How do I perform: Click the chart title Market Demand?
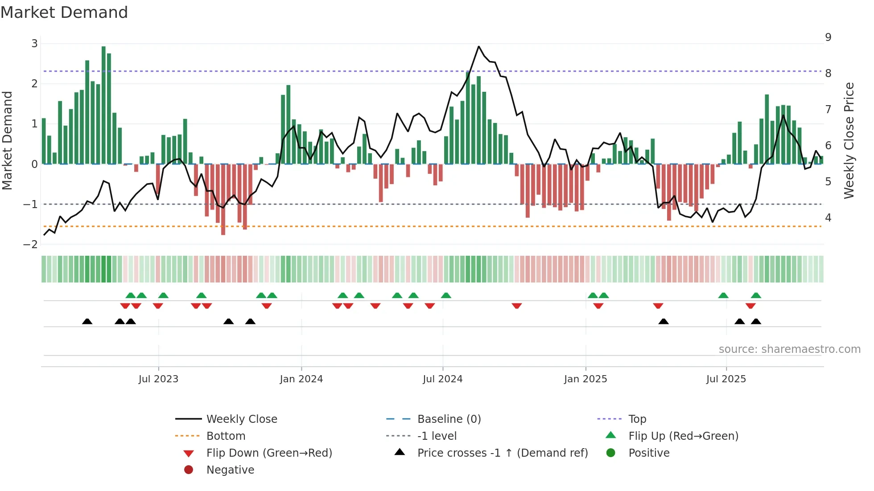pos(64,12)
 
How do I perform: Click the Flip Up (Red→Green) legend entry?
pos(683,436)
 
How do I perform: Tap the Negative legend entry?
pos(230,470)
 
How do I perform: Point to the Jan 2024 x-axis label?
pos(301,379)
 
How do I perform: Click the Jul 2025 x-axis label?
pos(726,379)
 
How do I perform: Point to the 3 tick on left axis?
pos(34,44)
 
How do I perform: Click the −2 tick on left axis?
pos(31,245)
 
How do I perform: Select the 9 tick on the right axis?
pos(828,37)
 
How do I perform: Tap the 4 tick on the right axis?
pos(828,218)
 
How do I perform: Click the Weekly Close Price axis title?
pos(849,140)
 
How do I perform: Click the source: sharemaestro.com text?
pos(789,349)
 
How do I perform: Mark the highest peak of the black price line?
pos(478,46)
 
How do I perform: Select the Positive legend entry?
pos(648,453)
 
